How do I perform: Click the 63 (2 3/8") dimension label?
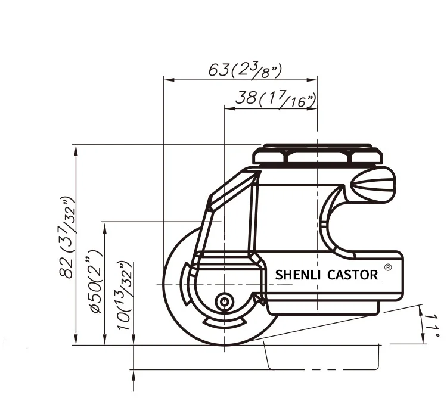tap(245, 70)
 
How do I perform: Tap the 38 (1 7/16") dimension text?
tap(276, 98)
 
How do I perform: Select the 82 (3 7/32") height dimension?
tap(68, 237)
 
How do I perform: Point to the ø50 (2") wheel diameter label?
tap(96, 281)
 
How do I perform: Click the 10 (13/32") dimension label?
tap(125, 296)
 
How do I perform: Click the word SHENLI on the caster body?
tap(298, 275)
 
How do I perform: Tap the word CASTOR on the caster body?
tap(352, 275)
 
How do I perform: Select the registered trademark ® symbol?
tap(388, 268)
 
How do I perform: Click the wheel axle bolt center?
tap(225, 301)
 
